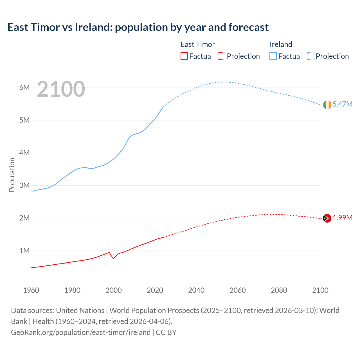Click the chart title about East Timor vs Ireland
click(x=138, y=27)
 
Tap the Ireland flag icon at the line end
click(x=327, y=105)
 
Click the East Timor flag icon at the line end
click(x=327, y=218)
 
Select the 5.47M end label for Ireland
click(x=342, y=104)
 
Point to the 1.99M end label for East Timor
click(x=343, y=218)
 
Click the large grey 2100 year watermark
click(x=61, y=89)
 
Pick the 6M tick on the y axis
click(x=24, y=87)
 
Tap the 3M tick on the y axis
click(x=24, y=185)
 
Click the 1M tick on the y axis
click(x=24, y=251)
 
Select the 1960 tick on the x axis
click(x=31, y=290)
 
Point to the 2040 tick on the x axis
click(x=196, y=290)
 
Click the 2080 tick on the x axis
click(x=279, y=290)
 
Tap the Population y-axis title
click(x=12, y=175)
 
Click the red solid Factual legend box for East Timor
click(x=184, y=56)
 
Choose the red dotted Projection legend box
click(x=222, y=56)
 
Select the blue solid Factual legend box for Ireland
click(x=273, y=56)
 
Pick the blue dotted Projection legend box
click(x=311, y=56)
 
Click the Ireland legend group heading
click(x=281, y=44)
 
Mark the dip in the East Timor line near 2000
click(x=113, y=258)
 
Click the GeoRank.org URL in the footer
click(x=81, y=332)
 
